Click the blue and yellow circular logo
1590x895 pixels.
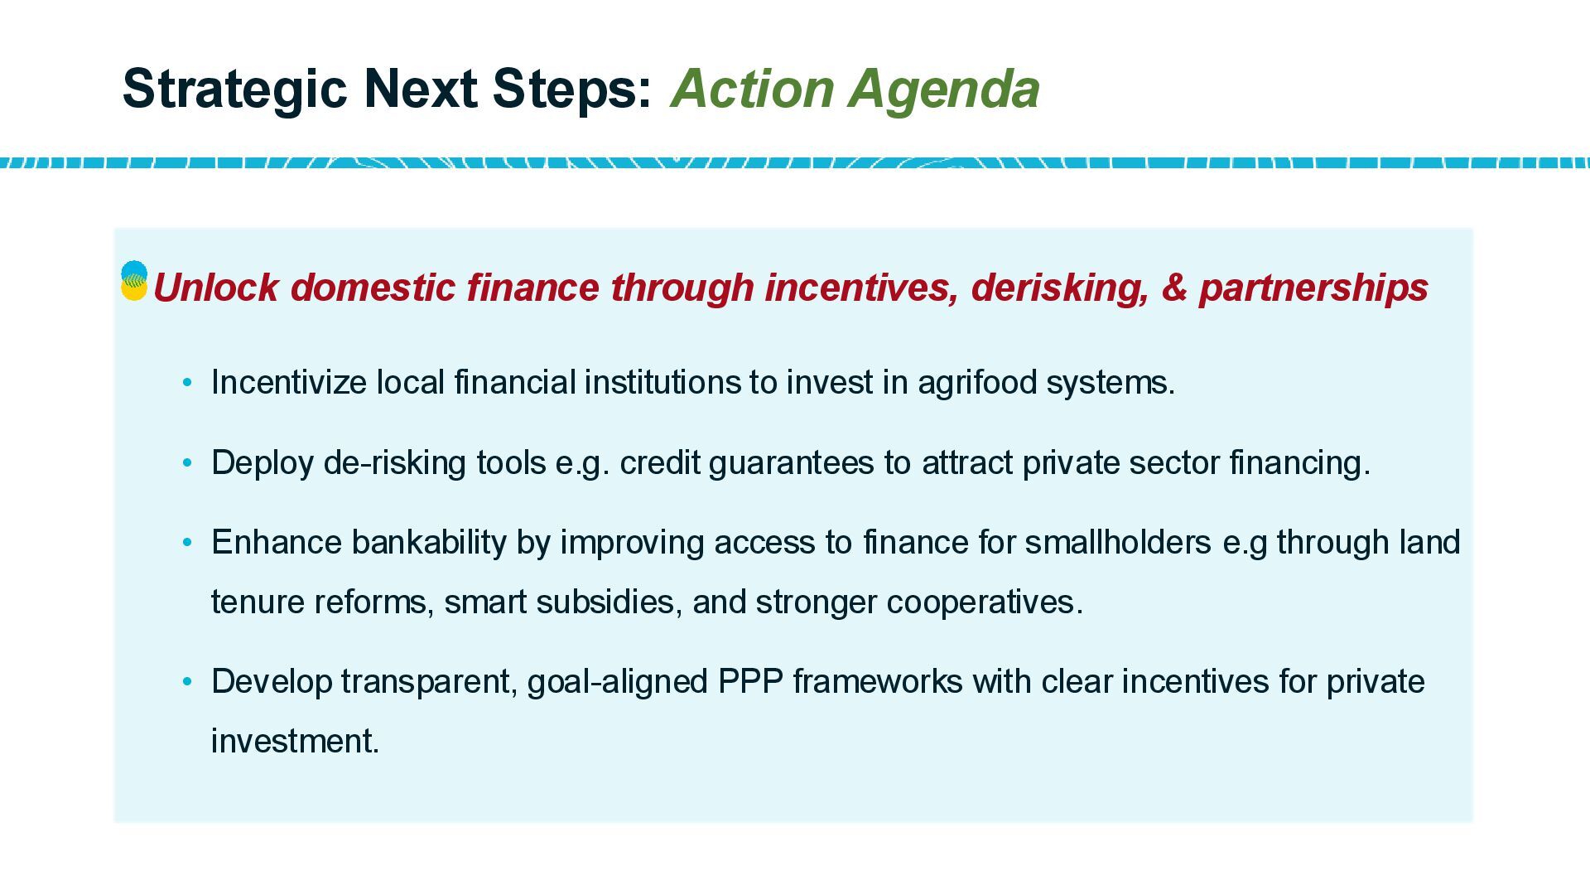tap(134, 281)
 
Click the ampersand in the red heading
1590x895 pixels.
tap(1174, 288)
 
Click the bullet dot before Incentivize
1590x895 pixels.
tap(187, 383)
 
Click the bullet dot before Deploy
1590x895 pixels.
tap(187, 463)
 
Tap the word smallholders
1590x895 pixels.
tap(1118, 542)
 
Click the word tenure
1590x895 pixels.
tap(258, 602)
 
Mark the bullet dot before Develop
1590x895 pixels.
tap(187, 682)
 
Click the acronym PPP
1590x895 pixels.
tap(750, 682)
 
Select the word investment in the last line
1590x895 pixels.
tap(295, 742)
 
